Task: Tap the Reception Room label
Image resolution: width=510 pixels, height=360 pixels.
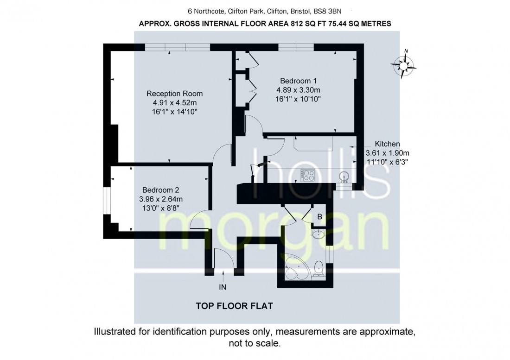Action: (174, 94)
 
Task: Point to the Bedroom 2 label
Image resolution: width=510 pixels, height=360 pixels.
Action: (160, 190)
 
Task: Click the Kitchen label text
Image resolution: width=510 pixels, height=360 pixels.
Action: (387, 144)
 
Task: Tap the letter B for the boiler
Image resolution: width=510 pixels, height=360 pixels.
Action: (319, 216)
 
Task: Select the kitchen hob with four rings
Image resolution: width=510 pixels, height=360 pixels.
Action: (308, 176)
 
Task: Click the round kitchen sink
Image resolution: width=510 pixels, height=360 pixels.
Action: (344, 176)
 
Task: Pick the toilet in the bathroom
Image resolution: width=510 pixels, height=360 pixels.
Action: (319, 268)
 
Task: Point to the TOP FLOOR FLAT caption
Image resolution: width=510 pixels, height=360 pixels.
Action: (234, 306)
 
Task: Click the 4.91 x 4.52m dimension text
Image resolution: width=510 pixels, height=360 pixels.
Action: (174, 103)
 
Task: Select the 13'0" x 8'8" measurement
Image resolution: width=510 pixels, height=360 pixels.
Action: (160, 208)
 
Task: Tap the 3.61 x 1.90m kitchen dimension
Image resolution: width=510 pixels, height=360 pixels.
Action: (388, 153)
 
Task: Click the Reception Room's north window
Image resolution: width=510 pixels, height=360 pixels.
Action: (177, 47)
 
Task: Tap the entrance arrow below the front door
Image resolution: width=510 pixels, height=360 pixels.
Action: (224, 277)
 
